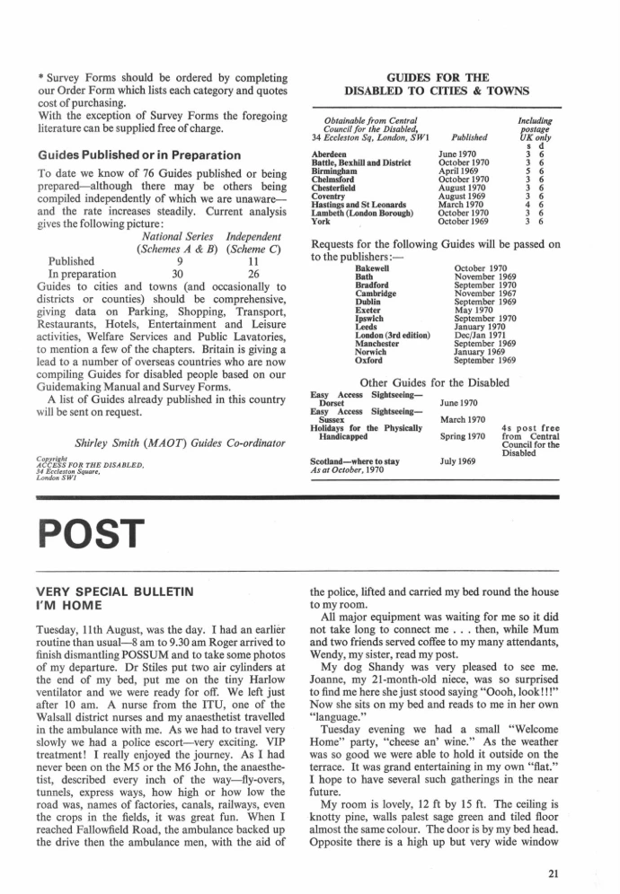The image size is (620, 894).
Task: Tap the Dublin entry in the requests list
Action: [x=368, y=304]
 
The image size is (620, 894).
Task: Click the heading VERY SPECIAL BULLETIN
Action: [x=111, y=592]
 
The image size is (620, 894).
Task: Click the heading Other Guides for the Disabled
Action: [x=435, y=381]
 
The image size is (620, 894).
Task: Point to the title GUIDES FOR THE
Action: [x=436, y=76]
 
